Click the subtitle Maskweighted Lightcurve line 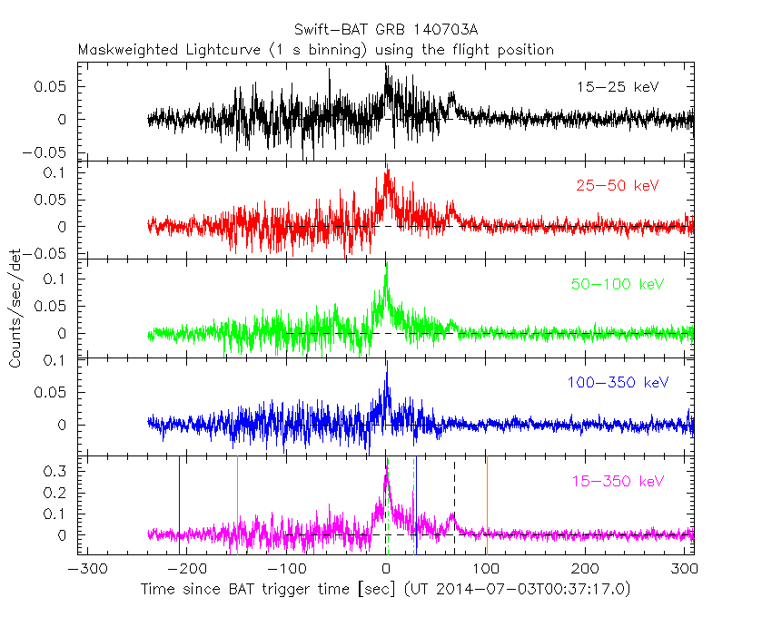(x=316, y=50)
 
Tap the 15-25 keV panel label (x=617, y=87)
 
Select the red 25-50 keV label (x=617, y=185)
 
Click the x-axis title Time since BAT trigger (x=385, y=590)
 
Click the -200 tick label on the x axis (x=184, y=569)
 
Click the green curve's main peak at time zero (x=387, y=264)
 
